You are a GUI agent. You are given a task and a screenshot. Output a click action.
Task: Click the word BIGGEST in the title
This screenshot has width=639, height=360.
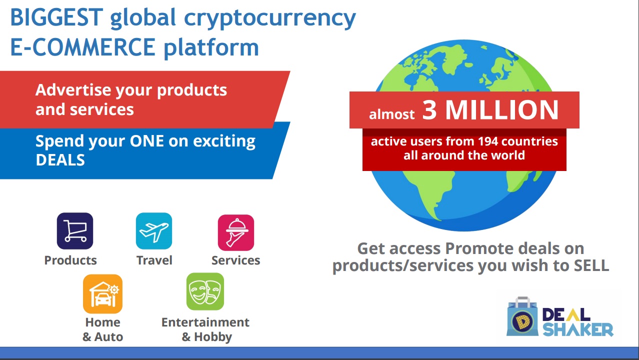(x=56, y=17)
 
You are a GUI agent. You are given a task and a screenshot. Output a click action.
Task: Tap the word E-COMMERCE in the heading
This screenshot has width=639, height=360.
(x=83, y=47)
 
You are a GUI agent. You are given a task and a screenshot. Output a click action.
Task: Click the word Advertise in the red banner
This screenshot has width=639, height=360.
(x=73, y=90)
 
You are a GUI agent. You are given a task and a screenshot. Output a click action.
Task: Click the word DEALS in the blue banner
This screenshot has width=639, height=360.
(x=60, y=160)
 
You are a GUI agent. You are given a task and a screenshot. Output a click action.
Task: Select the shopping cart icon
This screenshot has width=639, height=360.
(x=74, y=231)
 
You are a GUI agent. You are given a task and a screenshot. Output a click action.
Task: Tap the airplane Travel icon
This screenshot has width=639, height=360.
(x=154, y=231)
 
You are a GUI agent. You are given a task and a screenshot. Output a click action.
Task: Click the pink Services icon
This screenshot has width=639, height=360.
(x=236, y=232)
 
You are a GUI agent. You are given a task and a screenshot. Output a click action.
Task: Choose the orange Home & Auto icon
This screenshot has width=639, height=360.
(x=102, y=294)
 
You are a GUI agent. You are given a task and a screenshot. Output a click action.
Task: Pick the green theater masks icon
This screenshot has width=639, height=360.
(x=205, y=291)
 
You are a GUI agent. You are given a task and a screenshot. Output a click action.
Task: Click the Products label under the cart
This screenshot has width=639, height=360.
(x=70, y=260)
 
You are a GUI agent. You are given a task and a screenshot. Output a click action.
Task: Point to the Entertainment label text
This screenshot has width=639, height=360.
(x=205, y=322)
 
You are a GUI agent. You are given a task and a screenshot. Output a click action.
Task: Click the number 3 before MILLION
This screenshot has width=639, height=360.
(x=429, y=110)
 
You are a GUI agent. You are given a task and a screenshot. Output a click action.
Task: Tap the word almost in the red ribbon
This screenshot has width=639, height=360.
(x=391, y=114)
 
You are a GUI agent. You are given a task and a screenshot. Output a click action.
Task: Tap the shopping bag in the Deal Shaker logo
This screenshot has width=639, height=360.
(x=522, y=316)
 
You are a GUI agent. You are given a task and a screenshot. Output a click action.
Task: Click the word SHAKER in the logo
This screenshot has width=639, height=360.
(x=577, y=330)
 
